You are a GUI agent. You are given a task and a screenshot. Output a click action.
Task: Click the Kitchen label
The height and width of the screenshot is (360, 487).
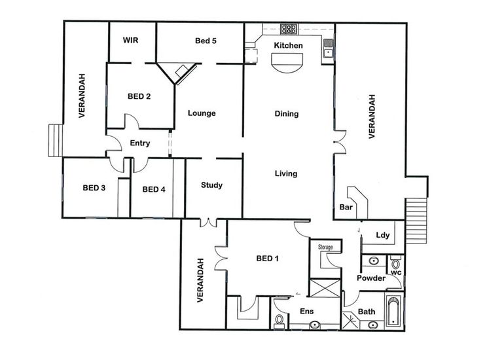pos(288,45)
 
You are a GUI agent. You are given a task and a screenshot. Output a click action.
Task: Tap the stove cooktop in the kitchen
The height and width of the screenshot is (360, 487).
pos(289,29)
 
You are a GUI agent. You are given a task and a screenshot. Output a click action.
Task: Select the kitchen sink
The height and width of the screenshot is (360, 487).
pos(328,48)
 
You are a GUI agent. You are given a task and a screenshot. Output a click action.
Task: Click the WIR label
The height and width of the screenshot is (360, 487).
pos(130,40)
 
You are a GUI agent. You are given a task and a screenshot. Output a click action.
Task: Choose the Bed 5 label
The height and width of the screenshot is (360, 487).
pos(206,41)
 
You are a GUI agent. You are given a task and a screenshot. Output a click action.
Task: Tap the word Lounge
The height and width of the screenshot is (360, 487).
pos(202,113)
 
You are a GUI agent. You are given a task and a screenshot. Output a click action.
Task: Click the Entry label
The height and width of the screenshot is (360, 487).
pos(140,143)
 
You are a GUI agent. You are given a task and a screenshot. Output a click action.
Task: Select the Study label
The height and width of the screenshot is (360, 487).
pos(211,185)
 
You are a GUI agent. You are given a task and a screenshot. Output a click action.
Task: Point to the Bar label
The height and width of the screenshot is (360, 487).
pos(346,207)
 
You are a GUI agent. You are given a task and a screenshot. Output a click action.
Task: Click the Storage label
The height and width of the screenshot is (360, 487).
pos(325,247)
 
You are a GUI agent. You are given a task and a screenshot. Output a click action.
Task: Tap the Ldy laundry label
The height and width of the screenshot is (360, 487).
pos(382,235)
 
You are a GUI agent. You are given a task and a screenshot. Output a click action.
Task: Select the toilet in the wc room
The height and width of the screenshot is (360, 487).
pos(395,263)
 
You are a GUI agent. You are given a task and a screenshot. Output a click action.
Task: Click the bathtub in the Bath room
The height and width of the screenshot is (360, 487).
pos(393,311)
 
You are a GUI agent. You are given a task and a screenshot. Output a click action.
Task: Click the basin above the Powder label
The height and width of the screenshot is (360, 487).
pos(373,261)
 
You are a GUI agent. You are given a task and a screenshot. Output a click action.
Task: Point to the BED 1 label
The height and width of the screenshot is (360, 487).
pos(267,258)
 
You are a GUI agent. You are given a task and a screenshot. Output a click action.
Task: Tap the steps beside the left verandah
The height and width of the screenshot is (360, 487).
pos(56,140)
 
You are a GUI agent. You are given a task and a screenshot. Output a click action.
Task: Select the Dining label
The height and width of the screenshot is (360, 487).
pos(286,114)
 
